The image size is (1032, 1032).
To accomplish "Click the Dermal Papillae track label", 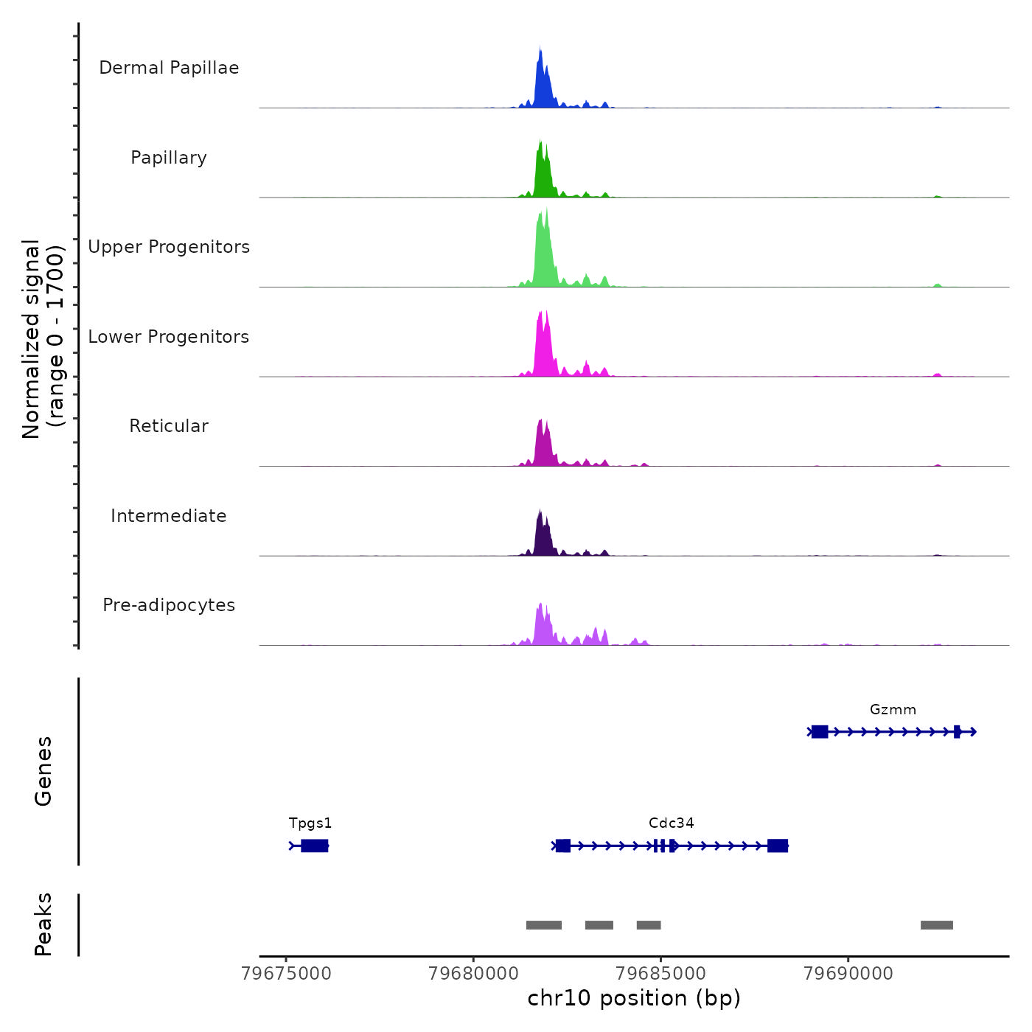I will [169, 68].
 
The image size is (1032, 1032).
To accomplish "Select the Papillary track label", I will [169, 158].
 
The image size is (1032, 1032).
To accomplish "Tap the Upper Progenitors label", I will [169, 247].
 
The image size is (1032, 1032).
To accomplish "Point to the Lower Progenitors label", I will [169, 337].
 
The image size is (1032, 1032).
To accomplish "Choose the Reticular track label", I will [169, 426].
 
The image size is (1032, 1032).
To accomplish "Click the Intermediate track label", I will [169, 516].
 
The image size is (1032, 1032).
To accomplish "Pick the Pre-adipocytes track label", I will [169, 605].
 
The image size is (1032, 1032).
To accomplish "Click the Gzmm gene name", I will [893, 710].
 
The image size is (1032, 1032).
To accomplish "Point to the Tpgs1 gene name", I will [310, 823].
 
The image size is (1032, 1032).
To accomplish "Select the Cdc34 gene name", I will [671, 823].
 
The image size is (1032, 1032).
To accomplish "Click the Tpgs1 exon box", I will [315, 846].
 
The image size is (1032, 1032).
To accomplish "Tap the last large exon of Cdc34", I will [778, 846].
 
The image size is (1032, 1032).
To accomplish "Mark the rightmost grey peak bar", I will [936, 925].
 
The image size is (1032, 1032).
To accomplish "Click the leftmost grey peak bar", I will [544, 925].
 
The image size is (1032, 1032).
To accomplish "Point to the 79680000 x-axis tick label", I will [474, 974].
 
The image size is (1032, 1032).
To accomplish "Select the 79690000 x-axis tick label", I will [848, 974].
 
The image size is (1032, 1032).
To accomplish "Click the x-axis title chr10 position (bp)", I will [634, 998].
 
